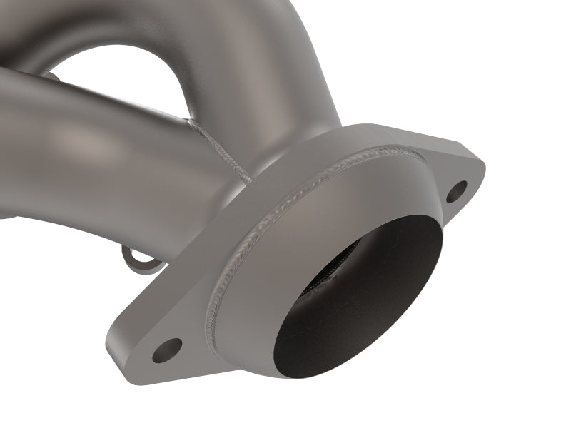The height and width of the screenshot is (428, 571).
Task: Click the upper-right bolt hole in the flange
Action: [457, 190]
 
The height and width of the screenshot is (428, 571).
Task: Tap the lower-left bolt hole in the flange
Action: [167, 350]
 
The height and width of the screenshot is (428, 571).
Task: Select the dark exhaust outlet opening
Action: [357, 300]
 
